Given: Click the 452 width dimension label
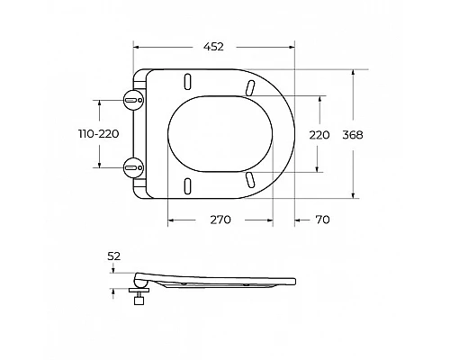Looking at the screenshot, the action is [x=213, y=47].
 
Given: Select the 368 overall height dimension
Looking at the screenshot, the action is [x=353, y=135].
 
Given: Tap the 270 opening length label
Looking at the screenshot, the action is [x=220, y=220].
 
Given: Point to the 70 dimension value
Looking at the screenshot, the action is [x=322, y=220].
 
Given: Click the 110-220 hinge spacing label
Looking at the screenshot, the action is [x=99, y=134].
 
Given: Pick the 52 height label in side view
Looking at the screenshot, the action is [x=113, y=256].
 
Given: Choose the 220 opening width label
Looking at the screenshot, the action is [x=319, y=135].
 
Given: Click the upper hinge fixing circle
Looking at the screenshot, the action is [x=134, y=100].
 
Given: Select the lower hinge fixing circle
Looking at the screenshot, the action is [x=134, y=167].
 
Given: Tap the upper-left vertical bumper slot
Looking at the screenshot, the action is [x=188, y=82].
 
